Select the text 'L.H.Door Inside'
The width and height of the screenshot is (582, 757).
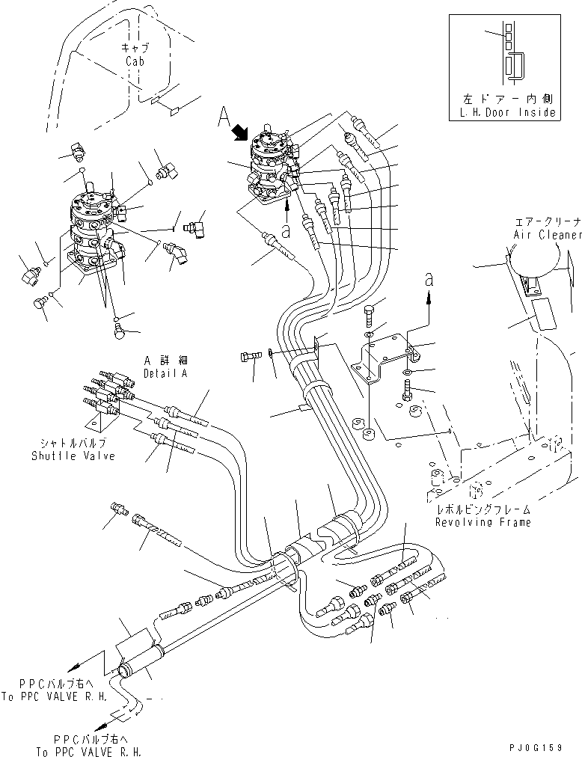509,113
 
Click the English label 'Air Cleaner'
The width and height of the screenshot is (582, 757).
547,234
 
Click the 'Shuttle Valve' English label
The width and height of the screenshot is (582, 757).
73,456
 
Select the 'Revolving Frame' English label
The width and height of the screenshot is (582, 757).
483,521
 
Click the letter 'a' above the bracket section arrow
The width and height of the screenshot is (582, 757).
429,279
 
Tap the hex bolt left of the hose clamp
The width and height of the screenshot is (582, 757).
250,357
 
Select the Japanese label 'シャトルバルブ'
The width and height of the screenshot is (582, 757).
73,444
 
